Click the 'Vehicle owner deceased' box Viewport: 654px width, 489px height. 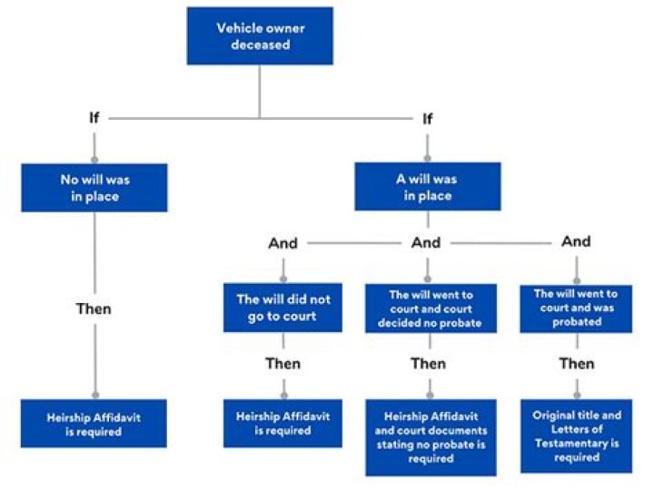(x=259, y=36)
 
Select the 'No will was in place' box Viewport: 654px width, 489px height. (x=94, y=188)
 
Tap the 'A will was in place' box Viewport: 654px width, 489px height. (x=427, y=187)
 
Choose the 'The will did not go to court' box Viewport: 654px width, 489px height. (x=282, y=308)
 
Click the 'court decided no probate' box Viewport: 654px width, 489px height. (x=430, y=308)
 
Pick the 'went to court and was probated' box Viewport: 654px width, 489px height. (x=576, y=308)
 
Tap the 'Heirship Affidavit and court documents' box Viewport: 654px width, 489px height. (x=430, y=437)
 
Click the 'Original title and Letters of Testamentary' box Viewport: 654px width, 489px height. (x=576, y=436)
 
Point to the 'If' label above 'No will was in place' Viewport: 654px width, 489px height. (x=94, y=118)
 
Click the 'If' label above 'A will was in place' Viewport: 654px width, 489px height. (x=428, y=118)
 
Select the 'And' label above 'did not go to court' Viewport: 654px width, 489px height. (x=282, y=243)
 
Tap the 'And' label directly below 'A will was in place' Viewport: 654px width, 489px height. (x=426, y=243)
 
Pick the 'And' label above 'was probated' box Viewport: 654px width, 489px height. (x=576, y=241)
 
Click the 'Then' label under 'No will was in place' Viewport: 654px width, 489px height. (x=94, y=309)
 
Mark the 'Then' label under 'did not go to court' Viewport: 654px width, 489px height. (x=282, y=364)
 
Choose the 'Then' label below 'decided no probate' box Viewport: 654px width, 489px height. (x=428, y=364)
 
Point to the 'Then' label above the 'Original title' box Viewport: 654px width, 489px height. (x=576, y=364)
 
